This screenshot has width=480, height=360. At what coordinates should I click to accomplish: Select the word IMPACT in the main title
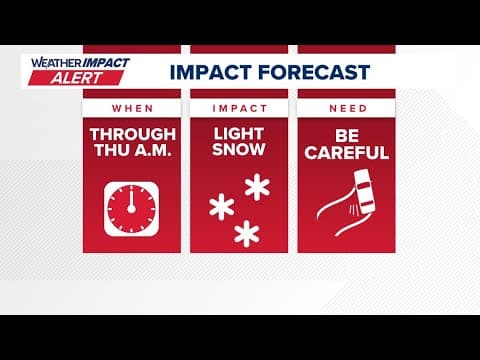(x=208, y=72)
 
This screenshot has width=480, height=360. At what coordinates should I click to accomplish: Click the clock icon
(x=130, y=208)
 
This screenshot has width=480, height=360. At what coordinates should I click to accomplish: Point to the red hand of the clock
(x=130, y=200)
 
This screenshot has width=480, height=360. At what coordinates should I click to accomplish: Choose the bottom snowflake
(x=245, y=233)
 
